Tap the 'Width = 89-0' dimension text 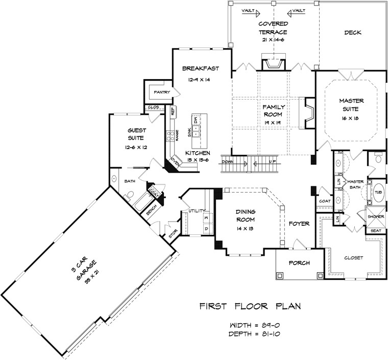253,325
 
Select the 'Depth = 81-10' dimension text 253,334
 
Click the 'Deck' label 352,33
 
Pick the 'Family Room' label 273,111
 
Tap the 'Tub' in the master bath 378,193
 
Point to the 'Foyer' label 300,223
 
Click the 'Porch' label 299,264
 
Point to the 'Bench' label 152,210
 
